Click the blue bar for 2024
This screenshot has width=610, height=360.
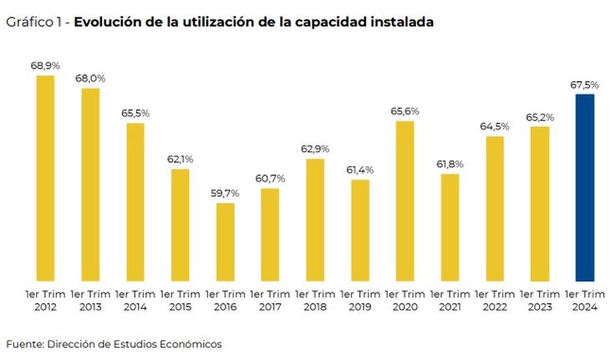(585, 187)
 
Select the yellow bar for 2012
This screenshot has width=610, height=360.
(45, 177)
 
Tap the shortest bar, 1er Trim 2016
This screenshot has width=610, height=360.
(225, 241)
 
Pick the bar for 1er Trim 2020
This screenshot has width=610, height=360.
(405, 200)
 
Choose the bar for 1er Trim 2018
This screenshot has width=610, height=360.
(315, 219)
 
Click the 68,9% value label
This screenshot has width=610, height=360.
(44, 64)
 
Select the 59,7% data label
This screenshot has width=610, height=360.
(225, 192)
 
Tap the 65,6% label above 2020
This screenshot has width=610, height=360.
(405, 110)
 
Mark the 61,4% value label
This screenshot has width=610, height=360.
(360, 170)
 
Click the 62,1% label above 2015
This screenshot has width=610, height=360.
(180, 159)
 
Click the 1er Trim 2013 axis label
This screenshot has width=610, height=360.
(90, 301)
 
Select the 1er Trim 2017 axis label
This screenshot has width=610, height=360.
(270, 301)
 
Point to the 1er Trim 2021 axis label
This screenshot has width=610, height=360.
(450, 301)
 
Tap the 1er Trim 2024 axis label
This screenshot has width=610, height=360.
(585, 301)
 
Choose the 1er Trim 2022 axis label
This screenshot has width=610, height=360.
(495, 301)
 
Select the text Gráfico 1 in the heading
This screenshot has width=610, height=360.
(33, 23)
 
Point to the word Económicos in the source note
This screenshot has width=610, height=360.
(191, 343)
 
